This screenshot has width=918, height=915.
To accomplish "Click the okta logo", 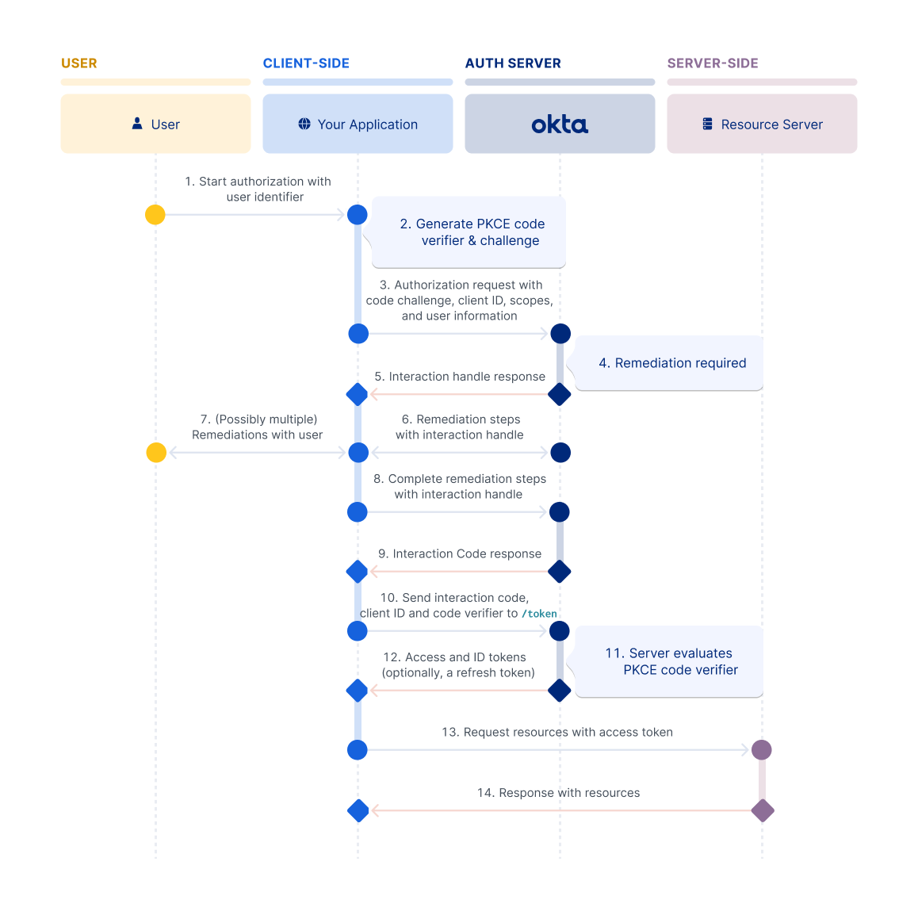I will tap(560, 124).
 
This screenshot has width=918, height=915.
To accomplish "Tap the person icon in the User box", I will tap(137, 124).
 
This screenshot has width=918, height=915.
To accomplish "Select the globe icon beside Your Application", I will tap(304, 124).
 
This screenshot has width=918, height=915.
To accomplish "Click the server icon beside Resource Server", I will tap(707, 124).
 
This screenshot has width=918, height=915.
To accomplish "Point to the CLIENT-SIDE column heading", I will tap(306, 63).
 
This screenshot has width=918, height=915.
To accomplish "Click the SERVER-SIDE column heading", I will tap(713, 63).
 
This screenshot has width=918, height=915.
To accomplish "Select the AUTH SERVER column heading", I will tap(513, 63).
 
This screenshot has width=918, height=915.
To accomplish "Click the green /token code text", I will tap(539, 614).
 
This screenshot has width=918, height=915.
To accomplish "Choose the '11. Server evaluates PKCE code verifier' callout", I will tap(671, 661).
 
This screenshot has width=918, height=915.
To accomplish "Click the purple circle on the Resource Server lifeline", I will tap(761, 749).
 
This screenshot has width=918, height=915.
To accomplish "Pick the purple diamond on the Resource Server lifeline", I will tap(762, 810).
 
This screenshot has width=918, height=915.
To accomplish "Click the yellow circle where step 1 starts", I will tap(155, 214).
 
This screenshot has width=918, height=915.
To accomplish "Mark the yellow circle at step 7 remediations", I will tap(156, 452).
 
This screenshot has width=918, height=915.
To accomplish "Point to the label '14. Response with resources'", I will tap(558, 793).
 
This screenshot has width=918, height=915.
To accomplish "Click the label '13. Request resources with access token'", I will tap(557, 732).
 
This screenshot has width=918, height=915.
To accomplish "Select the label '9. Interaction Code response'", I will tap(460, 553).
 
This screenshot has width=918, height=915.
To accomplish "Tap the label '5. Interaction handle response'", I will tap(460, 377).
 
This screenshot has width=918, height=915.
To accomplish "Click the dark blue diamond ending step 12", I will tap(560, 691).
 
